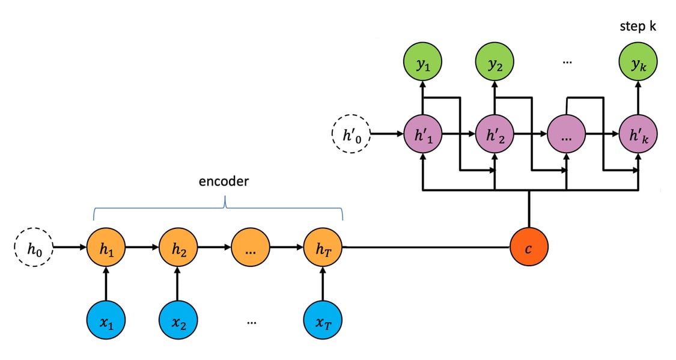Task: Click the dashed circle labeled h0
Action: click(x=34, y=247)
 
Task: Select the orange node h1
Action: click(x=106, y=247)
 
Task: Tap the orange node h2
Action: click(x=178, y=247)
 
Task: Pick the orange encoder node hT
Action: click(x=323, y=247)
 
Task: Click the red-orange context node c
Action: click(x=529, y=247)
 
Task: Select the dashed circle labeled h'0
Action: click(x=351, y=133)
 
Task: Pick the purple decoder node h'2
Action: click(x=495, y=133)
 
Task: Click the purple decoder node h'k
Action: click(x=638, y=133)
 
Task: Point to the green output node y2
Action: click(x=495, y=63)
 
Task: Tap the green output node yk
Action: click(x=638, y=63)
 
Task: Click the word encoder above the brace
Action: click(x=223, y=182)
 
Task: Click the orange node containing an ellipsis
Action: click(x=251, y=247)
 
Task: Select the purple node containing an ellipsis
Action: click(x=567, y=133)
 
